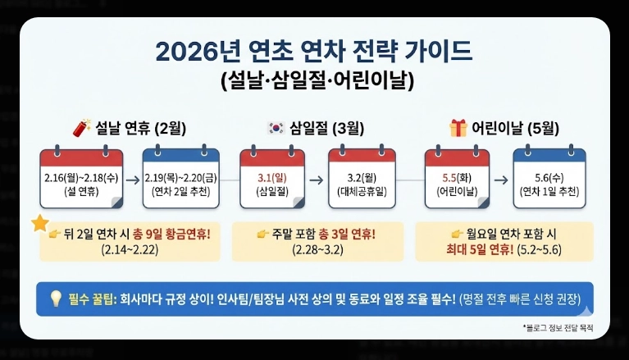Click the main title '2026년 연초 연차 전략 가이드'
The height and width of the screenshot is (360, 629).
pos(314,52)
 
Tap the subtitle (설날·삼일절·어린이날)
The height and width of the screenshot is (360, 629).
pos(314,81)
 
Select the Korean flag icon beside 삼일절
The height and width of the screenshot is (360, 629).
pos(276,128)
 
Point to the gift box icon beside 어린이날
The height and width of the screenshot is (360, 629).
pos(458,128)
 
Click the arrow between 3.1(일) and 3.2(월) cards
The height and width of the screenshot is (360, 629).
pos(317,178)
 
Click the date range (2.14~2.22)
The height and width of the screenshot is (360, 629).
pos(130,249)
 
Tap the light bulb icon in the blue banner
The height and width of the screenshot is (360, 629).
pos(56,298)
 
